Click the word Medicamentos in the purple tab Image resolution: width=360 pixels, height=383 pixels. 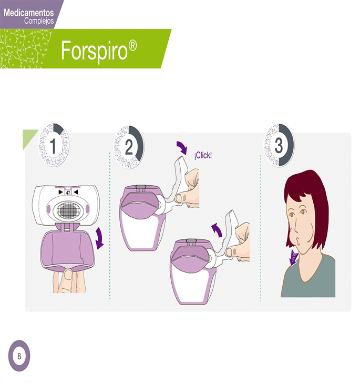(x=29, y=13)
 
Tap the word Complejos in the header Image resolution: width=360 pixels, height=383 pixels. (x=39, y=21)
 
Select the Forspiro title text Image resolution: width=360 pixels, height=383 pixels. (x=94, y=51)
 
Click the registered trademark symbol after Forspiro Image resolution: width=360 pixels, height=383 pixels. (x=132, y=46)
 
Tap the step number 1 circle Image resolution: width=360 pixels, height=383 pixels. (x=54, y=145)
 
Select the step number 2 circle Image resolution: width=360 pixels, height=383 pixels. (x=129, y=147)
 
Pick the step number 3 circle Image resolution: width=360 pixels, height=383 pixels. (x=279, y=145)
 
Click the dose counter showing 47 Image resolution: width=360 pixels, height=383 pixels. (x=68, y=193)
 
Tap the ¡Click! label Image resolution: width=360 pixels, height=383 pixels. (x=203, y=155)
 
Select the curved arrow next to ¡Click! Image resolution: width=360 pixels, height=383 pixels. (x=182, y=147)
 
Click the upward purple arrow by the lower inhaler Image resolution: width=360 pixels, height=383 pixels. (x=217, y=229)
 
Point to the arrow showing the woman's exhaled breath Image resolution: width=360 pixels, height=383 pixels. (x=294, y=259)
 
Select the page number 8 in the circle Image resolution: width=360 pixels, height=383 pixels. (x=19, y=356)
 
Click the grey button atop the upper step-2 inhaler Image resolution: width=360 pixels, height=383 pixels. (x=140, y=187)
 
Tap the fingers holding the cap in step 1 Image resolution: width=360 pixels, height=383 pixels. (x=69, y=280)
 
